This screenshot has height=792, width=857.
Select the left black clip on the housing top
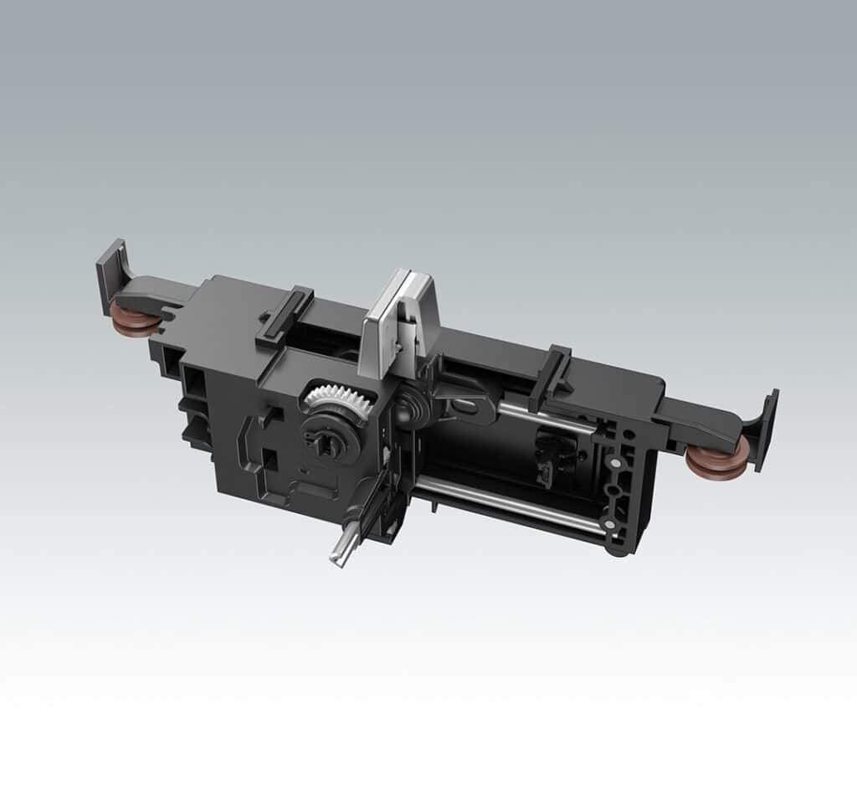coord(285,316)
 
